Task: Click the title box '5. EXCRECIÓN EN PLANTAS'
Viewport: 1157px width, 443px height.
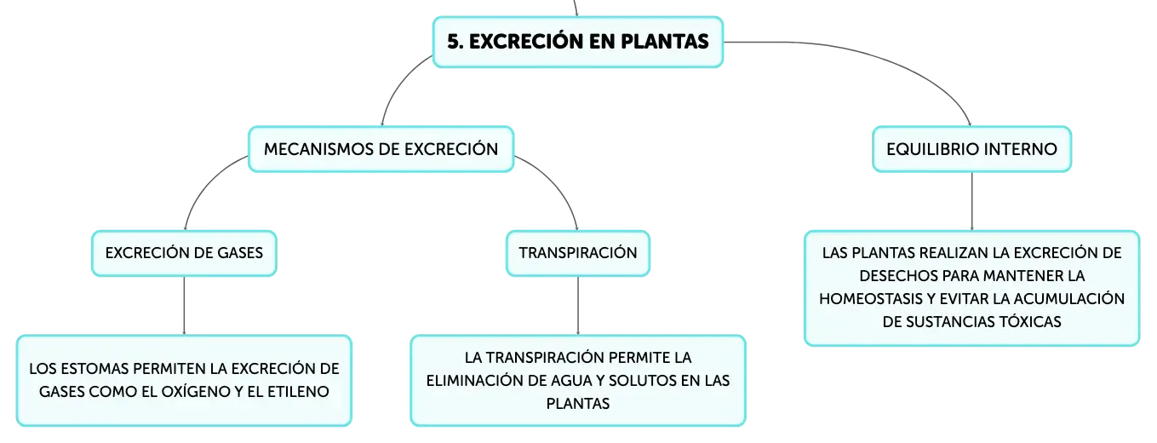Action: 578,42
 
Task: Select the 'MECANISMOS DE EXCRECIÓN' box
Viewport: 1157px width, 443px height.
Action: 381,149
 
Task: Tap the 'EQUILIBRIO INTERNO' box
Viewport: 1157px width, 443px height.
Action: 971,149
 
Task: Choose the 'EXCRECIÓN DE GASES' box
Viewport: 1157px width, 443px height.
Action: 185,253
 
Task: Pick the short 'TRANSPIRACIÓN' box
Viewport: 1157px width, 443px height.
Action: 578,253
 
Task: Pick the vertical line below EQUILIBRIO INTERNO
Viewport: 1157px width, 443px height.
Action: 971,201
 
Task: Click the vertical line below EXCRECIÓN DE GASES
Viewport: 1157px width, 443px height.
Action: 185,306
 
